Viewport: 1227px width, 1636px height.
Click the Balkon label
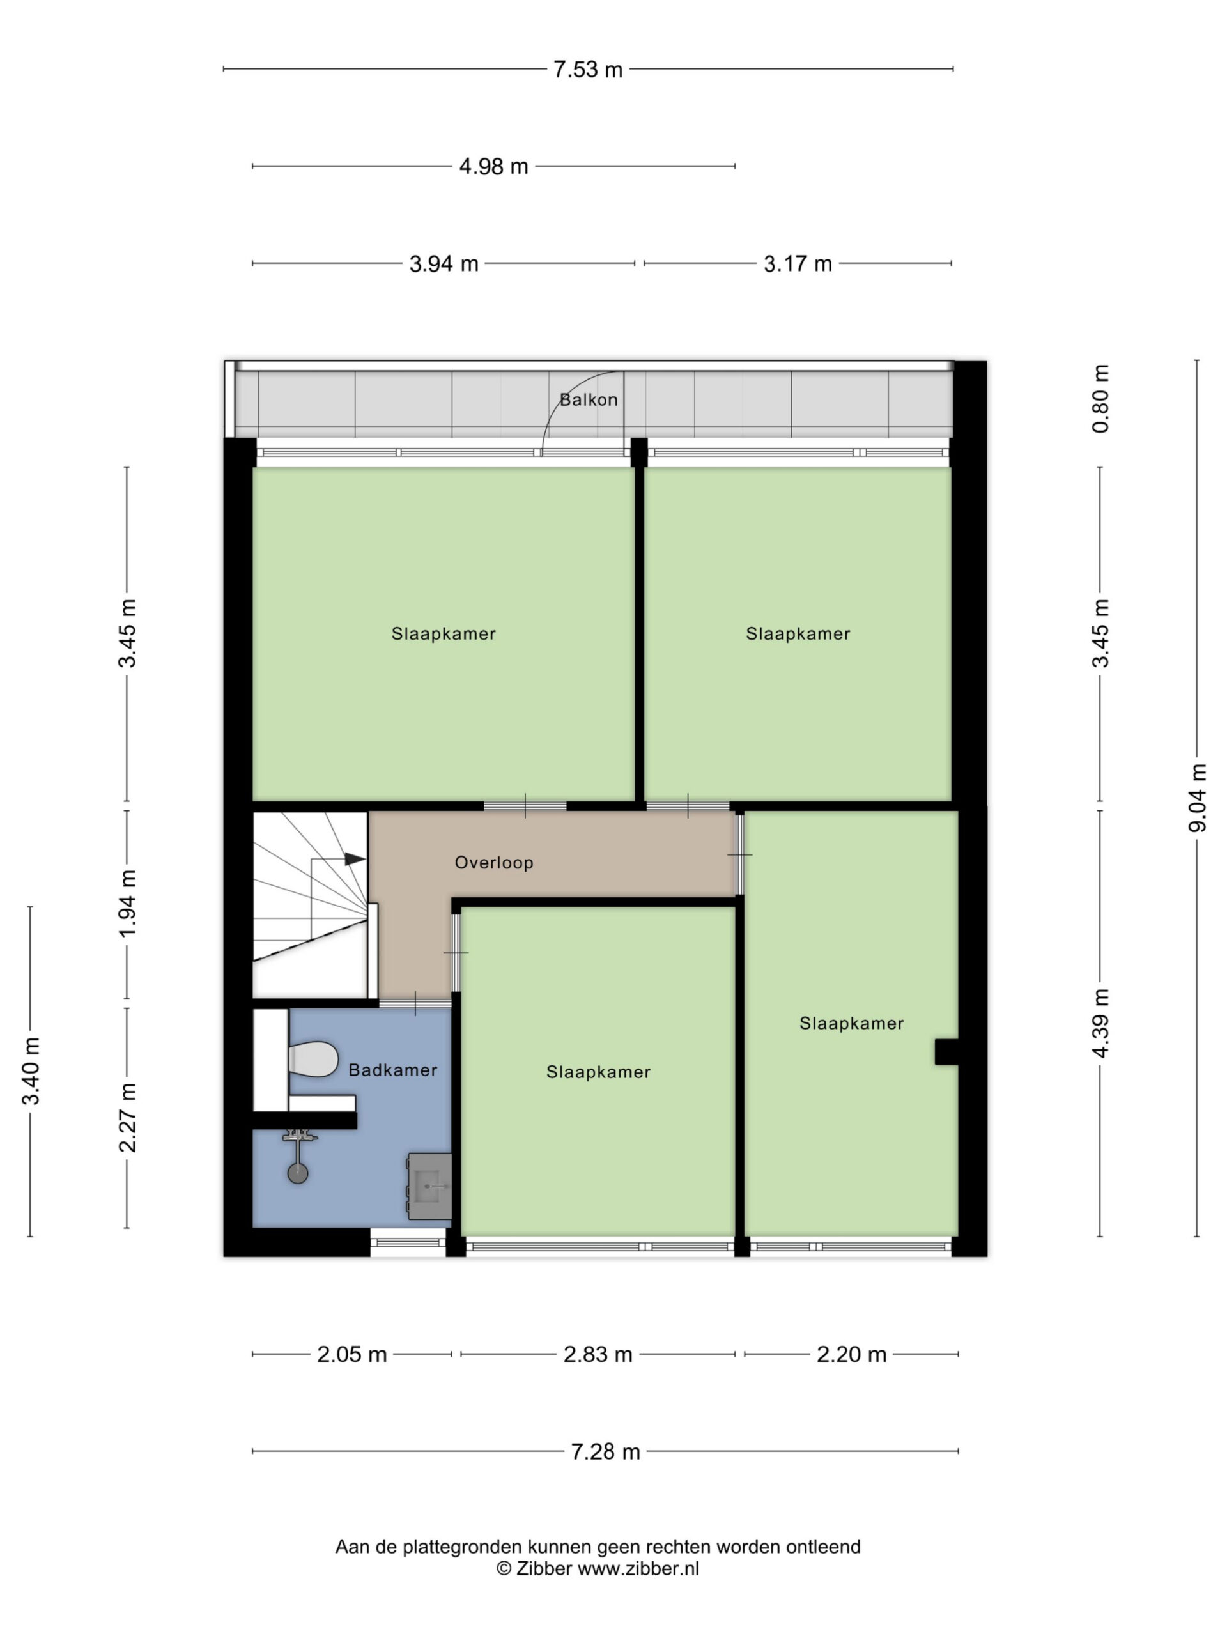[588, 400]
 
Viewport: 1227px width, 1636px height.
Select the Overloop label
[494, 862]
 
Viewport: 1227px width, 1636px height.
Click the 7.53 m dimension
[588, 70]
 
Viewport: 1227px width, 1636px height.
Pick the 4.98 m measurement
[493, 166]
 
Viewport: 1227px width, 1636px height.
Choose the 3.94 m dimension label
[444, 263]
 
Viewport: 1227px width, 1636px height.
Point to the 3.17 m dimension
[798, 263]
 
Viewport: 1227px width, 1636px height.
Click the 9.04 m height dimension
[1198, 798]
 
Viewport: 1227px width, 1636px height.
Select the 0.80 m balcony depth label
[1100, 399]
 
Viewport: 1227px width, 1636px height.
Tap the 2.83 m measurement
[598, 1354]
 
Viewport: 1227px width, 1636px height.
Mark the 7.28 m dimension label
[605, 1451]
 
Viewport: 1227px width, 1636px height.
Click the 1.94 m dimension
[128, 903]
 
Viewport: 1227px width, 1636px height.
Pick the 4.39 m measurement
[1100, 1024]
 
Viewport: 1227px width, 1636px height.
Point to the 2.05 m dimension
[352, 1354]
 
